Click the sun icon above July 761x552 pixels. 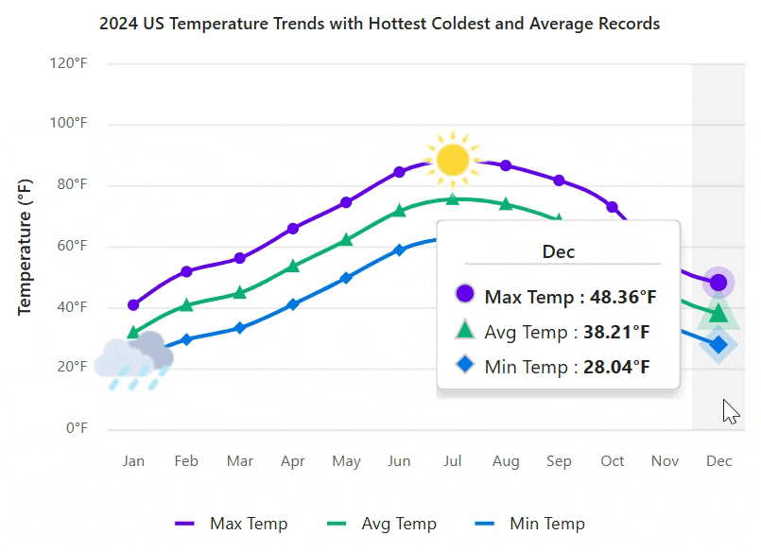point(453,159)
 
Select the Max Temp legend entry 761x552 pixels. point(232,524)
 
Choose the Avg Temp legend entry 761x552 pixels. point(381,524)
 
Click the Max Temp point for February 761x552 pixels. point(186,271)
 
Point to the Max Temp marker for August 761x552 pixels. point(506,165)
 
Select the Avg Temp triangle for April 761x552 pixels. point(293,266)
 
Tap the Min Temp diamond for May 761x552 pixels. point(346,278)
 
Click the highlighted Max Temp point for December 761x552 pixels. point(718,282)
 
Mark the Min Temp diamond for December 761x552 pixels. point(718,345)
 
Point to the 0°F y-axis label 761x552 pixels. point(77,428)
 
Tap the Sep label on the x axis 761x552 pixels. point(559,461)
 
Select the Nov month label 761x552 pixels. point(666,461)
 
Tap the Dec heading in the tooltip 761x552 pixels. point(558,251)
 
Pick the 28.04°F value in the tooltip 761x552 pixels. point(616,367)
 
